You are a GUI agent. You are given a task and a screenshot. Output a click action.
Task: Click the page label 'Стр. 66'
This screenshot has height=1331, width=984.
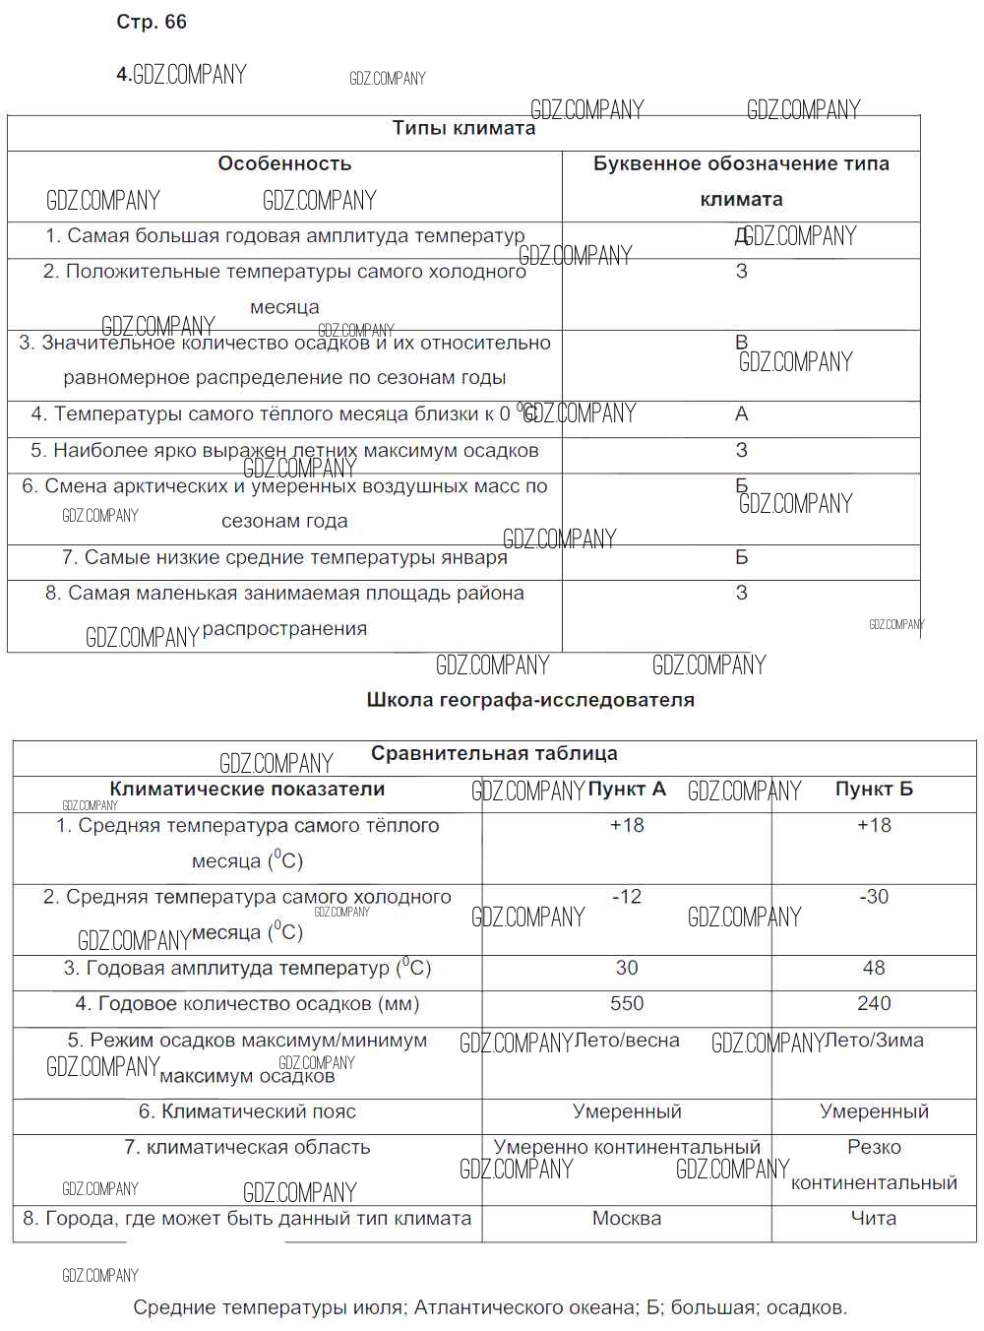click(x=151, y=22)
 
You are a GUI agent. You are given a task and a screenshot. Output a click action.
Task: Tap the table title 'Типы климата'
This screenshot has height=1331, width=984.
click(x=463, y=128)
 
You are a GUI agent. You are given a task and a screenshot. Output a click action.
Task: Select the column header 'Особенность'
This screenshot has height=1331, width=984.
click(x=284, y=163)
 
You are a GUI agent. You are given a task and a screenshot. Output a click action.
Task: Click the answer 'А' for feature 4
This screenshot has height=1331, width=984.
click(x=742, y=414)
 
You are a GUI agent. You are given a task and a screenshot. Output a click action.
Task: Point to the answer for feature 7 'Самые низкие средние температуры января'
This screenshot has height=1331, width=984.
click(x=742, y=557)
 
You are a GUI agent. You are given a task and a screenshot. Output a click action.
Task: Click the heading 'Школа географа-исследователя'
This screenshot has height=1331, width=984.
click(x=530, y=700)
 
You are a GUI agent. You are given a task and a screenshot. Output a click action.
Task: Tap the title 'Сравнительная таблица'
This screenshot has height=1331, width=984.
click(x=494, y=754)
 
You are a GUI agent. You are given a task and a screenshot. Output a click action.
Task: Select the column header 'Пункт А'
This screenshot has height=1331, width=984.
click(x=627, y=790)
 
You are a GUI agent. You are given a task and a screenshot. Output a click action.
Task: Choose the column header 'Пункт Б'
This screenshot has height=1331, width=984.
click(x=874, y=790)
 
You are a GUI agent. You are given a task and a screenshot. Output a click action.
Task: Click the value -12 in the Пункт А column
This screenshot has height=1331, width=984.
click(x=627, y=897)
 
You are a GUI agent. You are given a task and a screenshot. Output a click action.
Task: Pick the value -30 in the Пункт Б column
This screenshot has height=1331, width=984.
click(x=874, y=897)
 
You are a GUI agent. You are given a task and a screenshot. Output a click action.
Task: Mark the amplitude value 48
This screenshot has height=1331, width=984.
click(x=874, y=969)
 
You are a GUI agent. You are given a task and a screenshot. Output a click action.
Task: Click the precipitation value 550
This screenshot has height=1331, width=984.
click(x=627, y=1004)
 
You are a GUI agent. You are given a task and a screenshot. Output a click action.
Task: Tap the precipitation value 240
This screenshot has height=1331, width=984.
click(x=874, y=1004)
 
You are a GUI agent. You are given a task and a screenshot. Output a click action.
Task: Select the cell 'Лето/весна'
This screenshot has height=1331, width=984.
click(x=627, y=1041)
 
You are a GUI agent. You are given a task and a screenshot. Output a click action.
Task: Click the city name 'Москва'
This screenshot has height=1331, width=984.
click(x=627, y=1219)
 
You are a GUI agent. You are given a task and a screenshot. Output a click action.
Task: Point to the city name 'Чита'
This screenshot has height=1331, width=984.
click(x=874, y=1219)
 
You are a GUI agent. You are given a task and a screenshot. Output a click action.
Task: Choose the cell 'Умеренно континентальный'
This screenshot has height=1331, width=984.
click(x=627, y=1148)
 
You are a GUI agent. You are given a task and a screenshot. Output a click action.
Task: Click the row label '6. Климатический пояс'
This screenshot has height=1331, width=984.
click(x=247, y=1112)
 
